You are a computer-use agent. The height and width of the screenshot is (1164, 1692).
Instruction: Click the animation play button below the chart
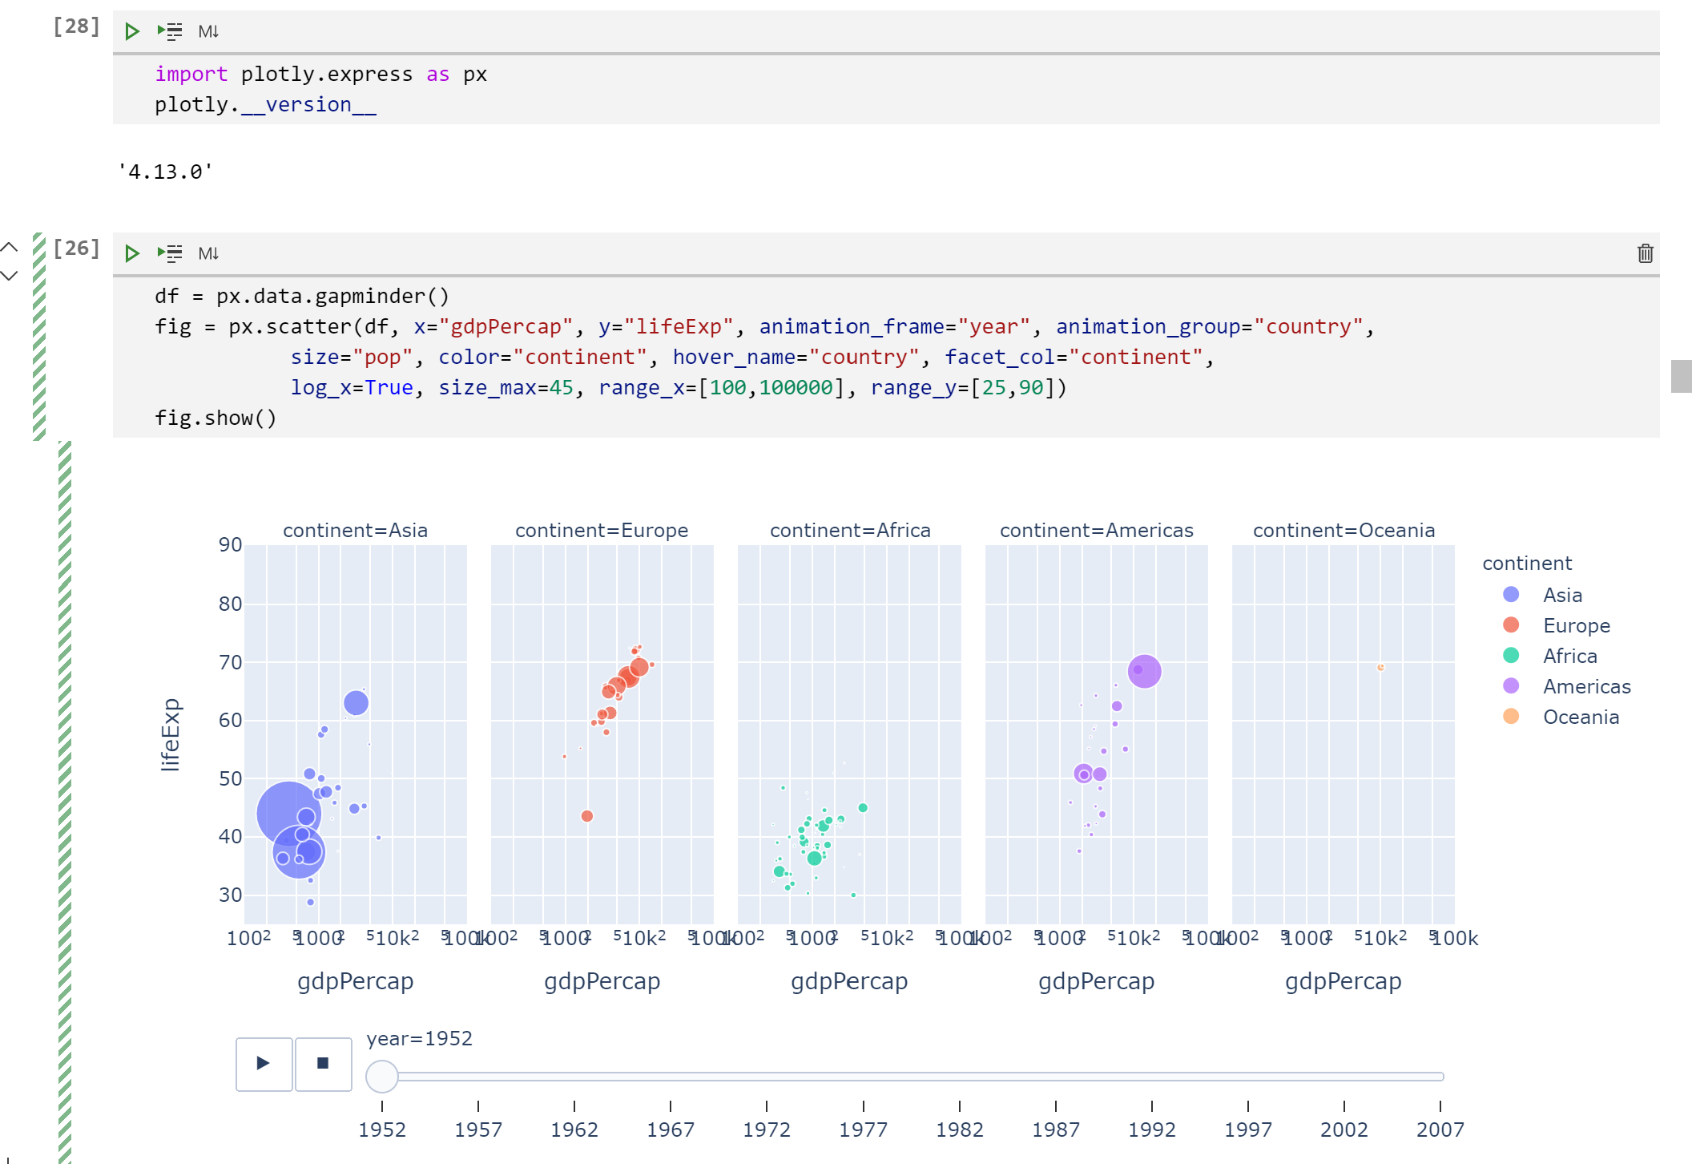coord(264,1064)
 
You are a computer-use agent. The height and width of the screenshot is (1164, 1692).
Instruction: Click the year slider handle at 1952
coord(382,1077)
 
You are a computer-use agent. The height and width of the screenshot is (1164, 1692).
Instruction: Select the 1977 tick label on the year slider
coord(863,1130)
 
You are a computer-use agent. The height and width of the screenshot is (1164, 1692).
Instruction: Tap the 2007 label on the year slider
coord(1440,1130)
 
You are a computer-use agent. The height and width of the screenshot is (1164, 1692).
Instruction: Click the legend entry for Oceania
coord(1581,717)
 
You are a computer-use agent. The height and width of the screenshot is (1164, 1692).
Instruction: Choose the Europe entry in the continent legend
coord(1576,625)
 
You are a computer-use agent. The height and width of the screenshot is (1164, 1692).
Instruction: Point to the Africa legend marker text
coord(1569,656)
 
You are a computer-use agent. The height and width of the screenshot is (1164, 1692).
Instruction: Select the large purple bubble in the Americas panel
coord(1144,671)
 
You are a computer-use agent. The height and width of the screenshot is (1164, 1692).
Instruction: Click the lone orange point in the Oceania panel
coord(1380,667)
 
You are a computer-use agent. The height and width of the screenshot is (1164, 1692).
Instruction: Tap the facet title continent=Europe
coord(602,531)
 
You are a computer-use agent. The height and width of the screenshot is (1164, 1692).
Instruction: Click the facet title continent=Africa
coord(850,531)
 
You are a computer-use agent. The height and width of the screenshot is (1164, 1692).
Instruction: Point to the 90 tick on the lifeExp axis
coord(231,545)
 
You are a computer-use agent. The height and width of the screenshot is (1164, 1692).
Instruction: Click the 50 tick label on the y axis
coord(231,778)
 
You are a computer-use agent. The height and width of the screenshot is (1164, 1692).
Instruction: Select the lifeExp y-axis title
coord(170,734)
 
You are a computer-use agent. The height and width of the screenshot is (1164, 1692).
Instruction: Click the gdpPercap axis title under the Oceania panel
coord(1343,981)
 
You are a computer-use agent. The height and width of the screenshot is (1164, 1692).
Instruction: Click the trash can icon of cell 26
coord(1645,253)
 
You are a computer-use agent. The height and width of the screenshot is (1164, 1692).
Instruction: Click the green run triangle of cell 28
coord(132,31)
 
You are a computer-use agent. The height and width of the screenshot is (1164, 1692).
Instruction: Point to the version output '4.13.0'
coord(165,172)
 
